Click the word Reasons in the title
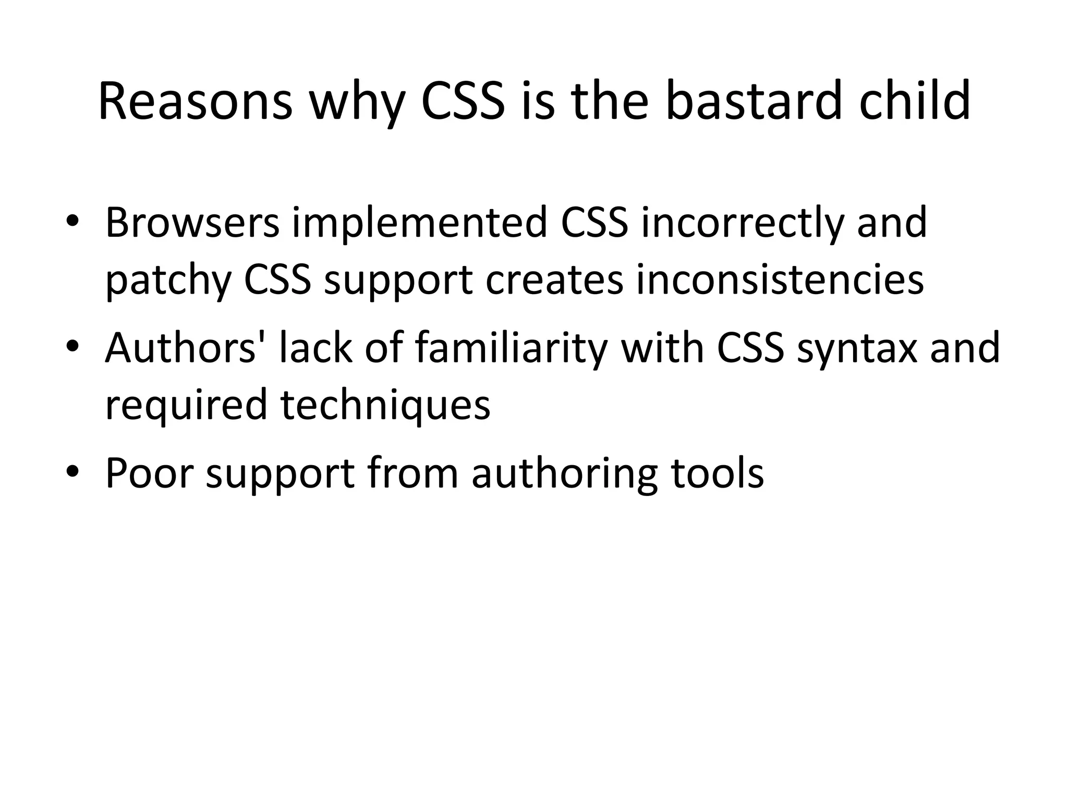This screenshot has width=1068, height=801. pos(196,102)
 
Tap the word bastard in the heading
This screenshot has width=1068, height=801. pos(754,102)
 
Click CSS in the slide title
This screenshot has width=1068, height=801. pos(463,102)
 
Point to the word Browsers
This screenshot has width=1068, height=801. pos(192,223)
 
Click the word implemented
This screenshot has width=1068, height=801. pos(419,223)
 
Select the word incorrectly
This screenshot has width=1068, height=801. pos(741,223)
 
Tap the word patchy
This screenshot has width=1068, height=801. pos(168,281)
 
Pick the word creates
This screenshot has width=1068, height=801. pos(554,281)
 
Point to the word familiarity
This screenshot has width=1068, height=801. pos(511,348)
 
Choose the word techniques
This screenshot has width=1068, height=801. pos(385,405)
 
